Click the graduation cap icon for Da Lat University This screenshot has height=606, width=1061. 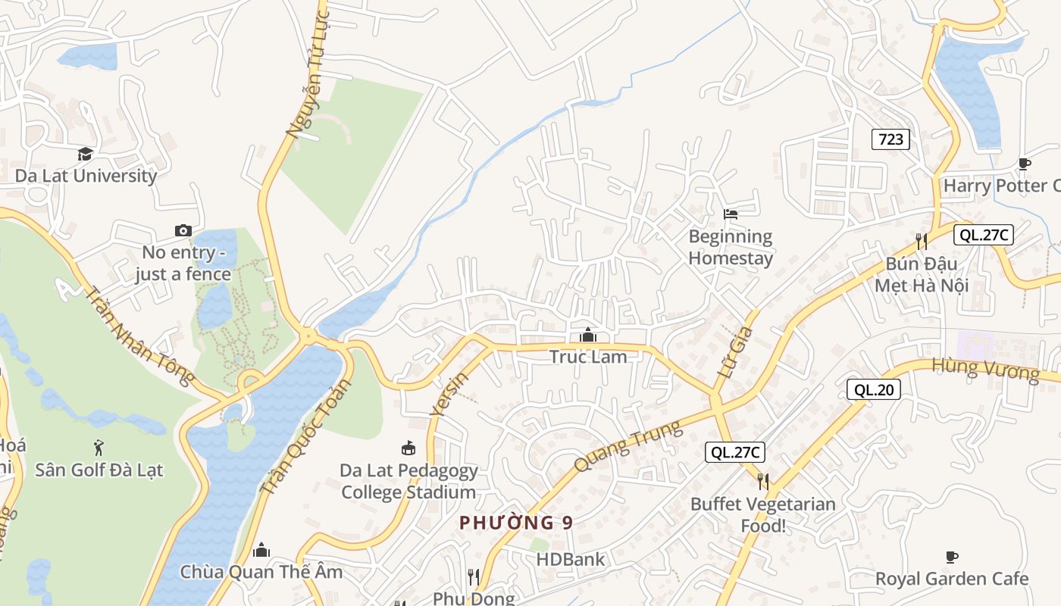tap(85, 155)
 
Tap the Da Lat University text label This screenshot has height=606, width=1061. tap(86, 176)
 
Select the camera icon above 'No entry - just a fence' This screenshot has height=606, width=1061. tap(183, 230)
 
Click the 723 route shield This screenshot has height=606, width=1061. tap(890, 139)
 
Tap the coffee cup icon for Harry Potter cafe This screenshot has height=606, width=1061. tap(1024, 164)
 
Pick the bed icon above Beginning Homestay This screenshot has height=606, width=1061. tap(731, 214)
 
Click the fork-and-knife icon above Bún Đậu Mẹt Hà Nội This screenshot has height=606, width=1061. tap(922, 242)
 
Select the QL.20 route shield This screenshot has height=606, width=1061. tap(874, 390)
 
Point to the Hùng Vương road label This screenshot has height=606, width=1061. tap(985, 370)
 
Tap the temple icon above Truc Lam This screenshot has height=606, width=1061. tap(588, 335)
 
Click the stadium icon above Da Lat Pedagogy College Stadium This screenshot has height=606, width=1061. tap(408, 448)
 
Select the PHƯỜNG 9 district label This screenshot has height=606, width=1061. tap(516, 523)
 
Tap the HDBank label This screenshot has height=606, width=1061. tap(571, 560)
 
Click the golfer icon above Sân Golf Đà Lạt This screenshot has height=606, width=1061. tap(99, 448)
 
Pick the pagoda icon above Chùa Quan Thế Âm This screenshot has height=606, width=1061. tap(261, 550)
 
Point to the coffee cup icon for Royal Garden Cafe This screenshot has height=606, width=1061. tap(952, 558)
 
